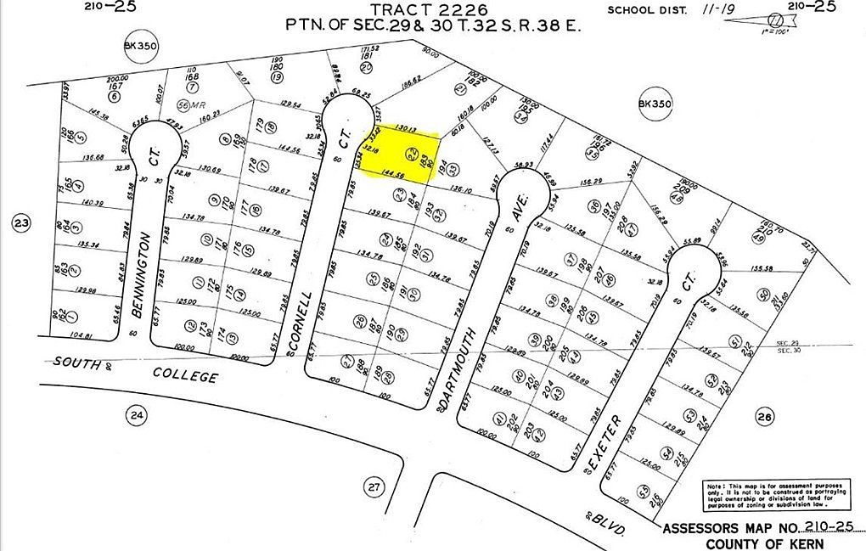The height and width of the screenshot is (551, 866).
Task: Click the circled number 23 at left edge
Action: (x=20, y=223)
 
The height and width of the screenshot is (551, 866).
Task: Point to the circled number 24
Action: (x=135, y=414)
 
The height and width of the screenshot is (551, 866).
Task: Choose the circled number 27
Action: (x=374, y=486)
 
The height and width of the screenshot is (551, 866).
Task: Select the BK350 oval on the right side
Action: (x=655, y=104)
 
